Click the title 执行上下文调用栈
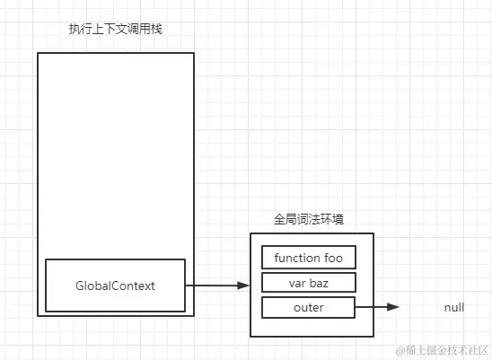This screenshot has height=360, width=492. coord(116,29)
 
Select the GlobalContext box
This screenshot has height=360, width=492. coord(115,285)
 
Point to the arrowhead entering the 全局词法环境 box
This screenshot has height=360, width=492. coord(243,285)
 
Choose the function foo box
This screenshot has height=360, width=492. coord(308,259)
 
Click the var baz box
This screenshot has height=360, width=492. coord(308,283)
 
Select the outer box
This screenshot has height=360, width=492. coord(308,307)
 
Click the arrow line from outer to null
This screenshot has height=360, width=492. coord(373,307)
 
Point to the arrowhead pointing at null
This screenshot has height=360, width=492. coord(393,307)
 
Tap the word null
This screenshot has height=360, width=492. coord(454,307)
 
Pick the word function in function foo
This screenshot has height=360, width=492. coord(297,259)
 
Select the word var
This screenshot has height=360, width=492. coord(296,283)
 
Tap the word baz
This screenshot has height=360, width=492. coord(320,283)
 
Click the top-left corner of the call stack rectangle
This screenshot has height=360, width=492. coord(38,53)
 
